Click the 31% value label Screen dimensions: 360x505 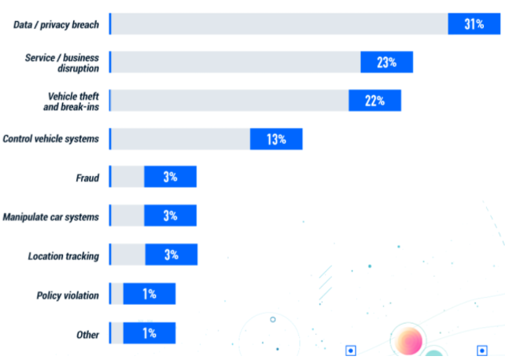[474, 24]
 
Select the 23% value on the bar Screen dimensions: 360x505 [386, 62]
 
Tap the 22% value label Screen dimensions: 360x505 [374, 100]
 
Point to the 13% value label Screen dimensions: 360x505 [276, 139]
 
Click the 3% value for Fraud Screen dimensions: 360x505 [170, 177]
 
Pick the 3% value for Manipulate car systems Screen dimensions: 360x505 [170, 215]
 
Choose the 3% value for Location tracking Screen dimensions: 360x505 [171, 255]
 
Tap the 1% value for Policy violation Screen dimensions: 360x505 [149, 294]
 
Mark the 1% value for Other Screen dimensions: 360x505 [149, 332]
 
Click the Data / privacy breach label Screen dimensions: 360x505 [57, 25]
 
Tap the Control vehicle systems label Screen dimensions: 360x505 [51, 139]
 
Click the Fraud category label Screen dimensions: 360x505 [87, 178]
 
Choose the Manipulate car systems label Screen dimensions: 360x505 [51, 217]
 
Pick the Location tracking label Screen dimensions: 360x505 [63, 256]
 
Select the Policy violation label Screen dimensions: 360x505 [68, 296]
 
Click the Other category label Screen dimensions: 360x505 [88, 335]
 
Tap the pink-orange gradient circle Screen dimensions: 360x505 [408, 341]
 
